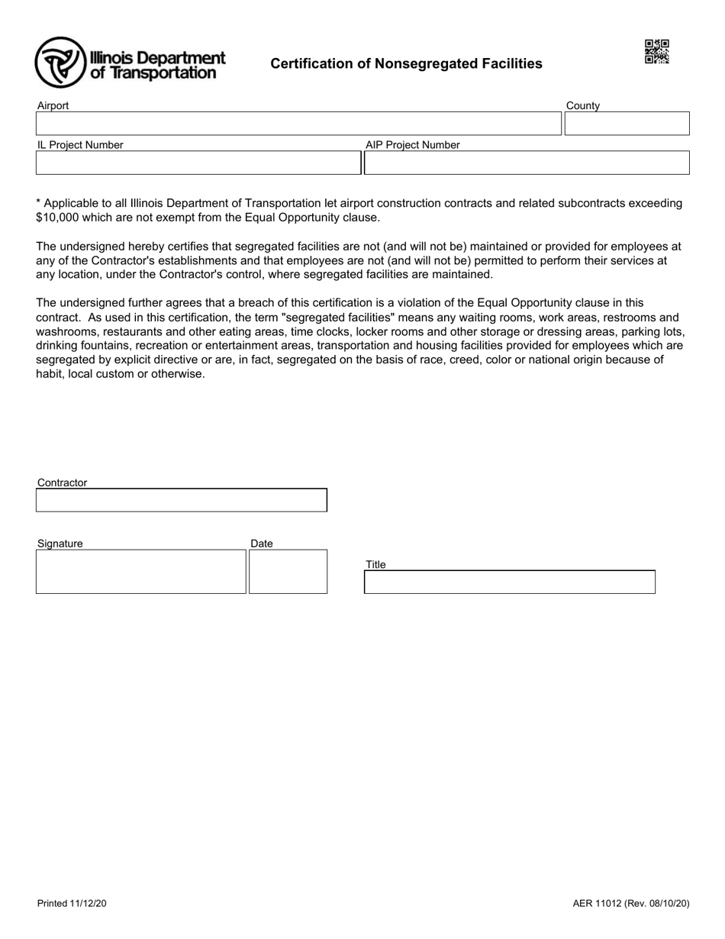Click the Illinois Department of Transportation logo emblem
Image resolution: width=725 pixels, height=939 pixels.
click(x=60, y=62)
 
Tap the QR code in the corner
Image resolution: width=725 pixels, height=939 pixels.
click(x=656, y=52)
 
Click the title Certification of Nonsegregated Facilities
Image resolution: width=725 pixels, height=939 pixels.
click(x=406, y=64)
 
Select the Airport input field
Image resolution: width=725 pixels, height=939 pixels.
click(x=298, y=124)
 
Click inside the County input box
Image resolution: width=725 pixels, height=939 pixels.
click(x=626, y=124)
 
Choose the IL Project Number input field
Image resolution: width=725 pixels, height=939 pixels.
click(x=198, y=163)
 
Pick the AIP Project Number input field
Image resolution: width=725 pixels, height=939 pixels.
click(x=527, y=163)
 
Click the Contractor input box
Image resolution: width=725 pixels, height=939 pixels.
click(x=182, y=501)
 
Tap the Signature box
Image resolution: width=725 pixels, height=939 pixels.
click(x=141, y=572)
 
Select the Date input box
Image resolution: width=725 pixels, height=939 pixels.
click(x=288, y=572)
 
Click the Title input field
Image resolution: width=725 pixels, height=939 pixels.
click(x=509, y=582)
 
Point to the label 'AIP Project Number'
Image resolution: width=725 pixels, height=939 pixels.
click(x=412, y=145)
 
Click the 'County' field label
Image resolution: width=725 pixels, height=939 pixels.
click(x=582, y=106)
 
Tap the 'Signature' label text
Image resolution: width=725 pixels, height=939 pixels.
click(x=60, y=544)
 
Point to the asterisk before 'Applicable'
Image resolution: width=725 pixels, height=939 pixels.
click(x=39, y=203)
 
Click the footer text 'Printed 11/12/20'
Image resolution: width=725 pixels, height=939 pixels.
click(x=72, y=904)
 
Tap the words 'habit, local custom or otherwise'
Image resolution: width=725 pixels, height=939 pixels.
click(x=121, y=375)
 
